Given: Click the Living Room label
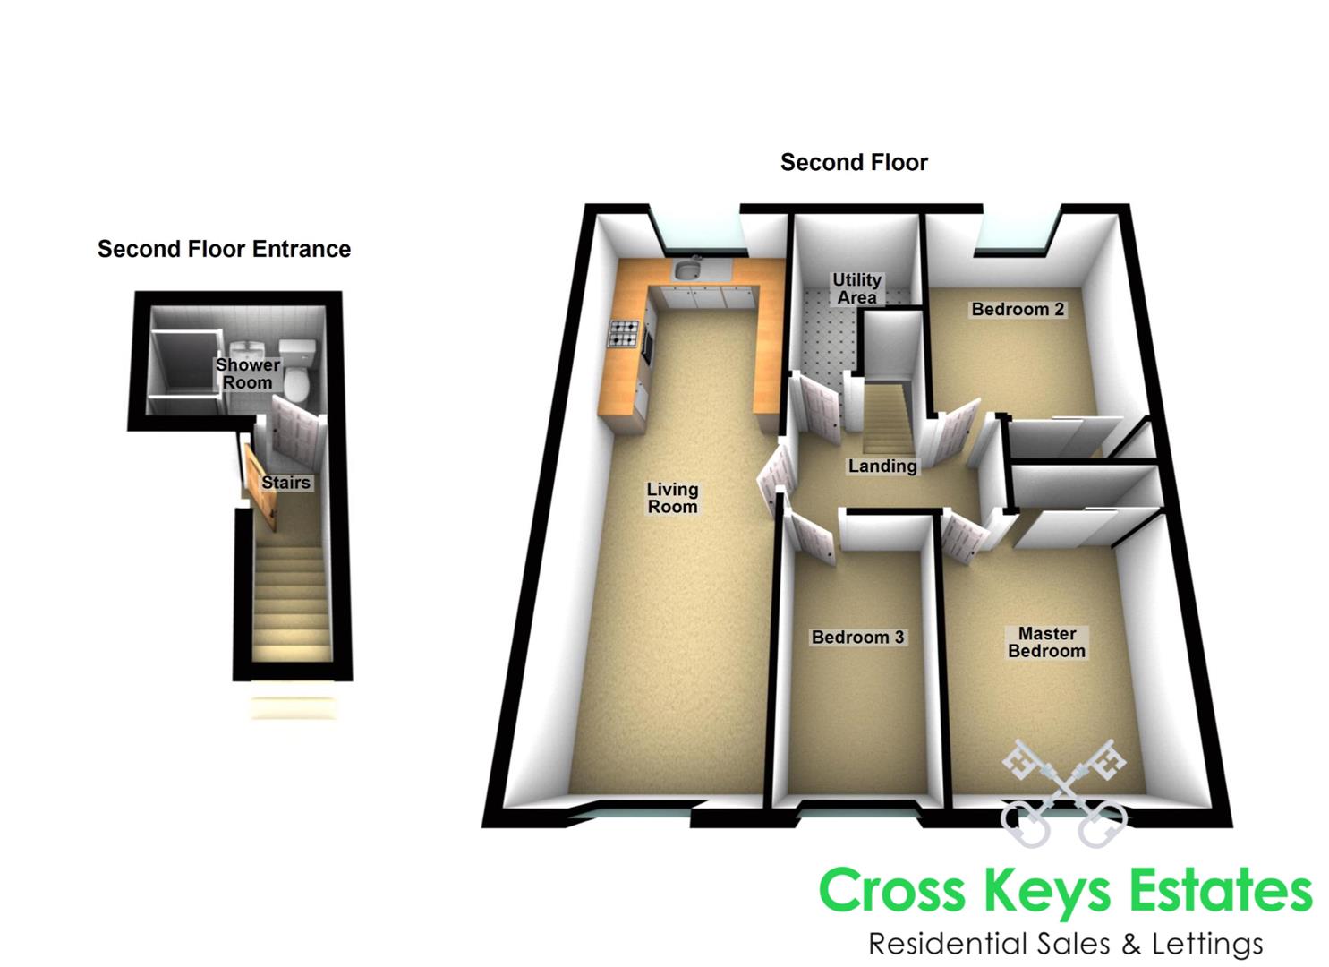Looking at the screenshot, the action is (672, 498).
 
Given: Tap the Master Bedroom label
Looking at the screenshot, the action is (1046, 642).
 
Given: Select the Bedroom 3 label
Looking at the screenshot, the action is (857, 638).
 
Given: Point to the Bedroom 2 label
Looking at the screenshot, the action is (1018, 310).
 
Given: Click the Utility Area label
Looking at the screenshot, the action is (856, 288).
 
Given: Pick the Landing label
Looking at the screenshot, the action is (882, 466).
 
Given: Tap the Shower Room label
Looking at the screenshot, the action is (247, 373).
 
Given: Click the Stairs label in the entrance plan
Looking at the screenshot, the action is (285, 483).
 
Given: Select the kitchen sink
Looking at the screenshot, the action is (688, 270).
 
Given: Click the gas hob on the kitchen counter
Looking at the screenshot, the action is (624, 334).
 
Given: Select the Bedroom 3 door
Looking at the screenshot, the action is (810, 535).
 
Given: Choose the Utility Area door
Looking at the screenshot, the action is (819, 407).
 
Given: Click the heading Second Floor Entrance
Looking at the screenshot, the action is (224, 249).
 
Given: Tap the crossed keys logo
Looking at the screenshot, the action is (1063, 792).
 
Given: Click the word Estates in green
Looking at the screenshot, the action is (1220, 892).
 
